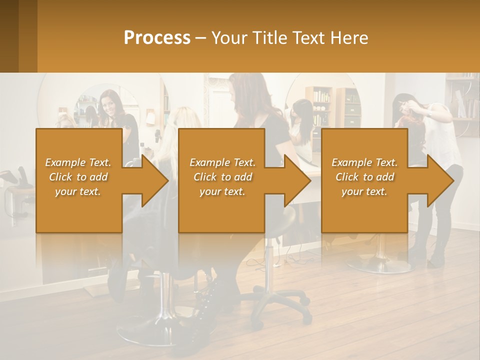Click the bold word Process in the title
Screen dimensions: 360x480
(157, 37)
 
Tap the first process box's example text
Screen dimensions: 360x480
(78, 177)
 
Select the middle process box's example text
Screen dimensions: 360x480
(222, 177)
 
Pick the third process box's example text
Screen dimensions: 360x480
(364, 177)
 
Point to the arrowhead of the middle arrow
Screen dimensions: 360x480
(297, 180)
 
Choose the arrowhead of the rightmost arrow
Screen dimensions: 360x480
(440, 180)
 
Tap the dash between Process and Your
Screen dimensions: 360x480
(201, 38)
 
